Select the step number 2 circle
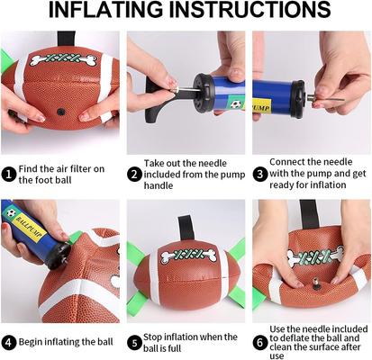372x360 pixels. click(x=135, y=174)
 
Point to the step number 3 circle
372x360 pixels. click(x=260, y=174)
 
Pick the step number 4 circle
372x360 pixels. click(x=9, y=342)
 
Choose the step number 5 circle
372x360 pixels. click(x=135, y=342)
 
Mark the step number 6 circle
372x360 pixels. click(x=260, y=342)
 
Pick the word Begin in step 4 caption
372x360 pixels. click(x=33, y=342)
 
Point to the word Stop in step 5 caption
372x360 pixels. click(x=159, y=337)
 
